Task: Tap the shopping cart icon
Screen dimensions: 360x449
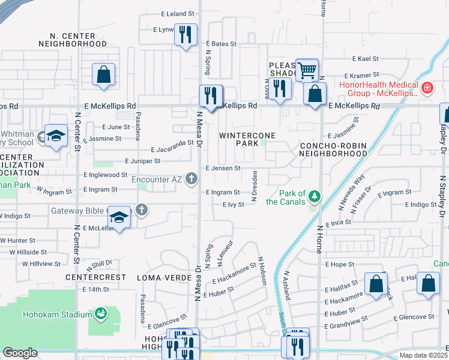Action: [307, 69]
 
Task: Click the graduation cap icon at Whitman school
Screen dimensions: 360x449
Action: [55, 136]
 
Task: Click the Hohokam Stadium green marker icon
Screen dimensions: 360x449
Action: [101, 313]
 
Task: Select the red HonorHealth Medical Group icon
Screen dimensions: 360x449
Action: [427, 88]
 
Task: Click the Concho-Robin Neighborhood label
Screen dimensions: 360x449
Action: [333, 149]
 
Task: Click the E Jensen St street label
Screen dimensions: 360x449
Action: [223, 169]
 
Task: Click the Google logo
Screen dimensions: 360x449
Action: [20, 353]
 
